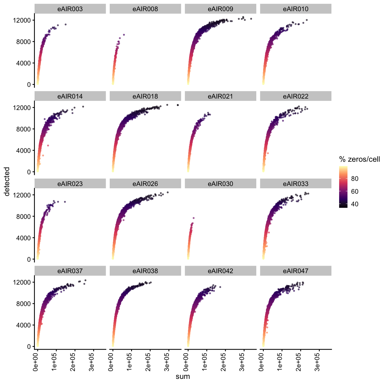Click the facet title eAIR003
point(70,9)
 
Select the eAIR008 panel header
point(145,9)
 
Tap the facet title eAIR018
point(145,96)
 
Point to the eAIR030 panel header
point(220,184)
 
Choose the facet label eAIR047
point(296,271)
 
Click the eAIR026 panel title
point(145,184)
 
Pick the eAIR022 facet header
point(296,96)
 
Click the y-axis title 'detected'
point(7,182)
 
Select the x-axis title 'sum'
point(183,376)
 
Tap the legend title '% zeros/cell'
point(359,159)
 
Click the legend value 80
point(355,179)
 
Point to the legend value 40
point(355,204)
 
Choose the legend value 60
point(355,191)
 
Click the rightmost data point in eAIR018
point(178,105)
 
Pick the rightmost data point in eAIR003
point(65,25)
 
